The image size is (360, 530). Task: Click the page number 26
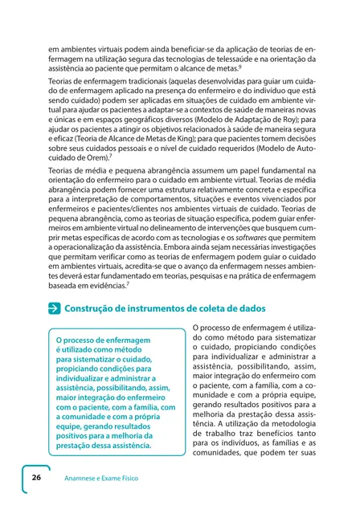pos(36,477)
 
